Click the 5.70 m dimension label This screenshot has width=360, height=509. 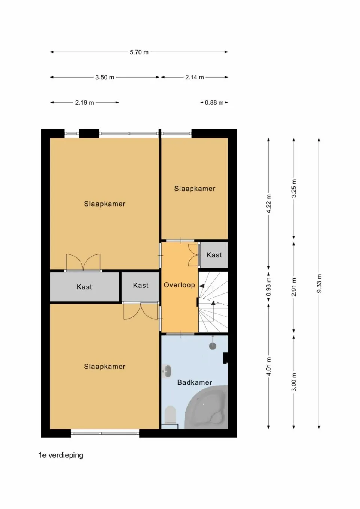coord(139,52)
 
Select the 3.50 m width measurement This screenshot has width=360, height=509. coord(105,78)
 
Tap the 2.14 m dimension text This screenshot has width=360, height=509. coord(194,78)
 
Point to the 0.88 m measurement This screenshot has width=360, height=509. coord(214,103)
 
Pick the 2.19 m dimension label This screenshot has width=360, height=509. coord(84,103)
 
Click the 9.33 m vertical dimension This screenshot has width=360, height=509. coord(319,284)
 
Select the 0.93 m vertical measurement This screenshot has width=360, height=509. coord(268,287)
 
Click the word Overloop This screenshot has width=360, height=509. coord(179,285)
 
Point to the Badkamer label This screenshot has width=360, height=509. coord(195,382)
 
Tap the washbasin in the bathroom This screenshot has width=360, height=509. coord(167,371)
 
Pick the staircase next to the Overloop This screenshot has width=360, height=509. coord(213,302)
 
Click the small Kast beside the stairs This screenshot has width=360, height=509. coord(214,255)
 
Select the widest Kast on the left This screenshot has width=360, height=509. coord(84,287)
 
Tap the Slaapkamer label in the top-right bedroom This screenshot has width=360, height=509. coord(195,189)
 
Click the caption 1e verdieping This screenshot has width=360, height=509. coord(61,455)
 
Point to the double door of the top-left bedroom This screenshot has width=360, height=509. coord(83,263)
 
